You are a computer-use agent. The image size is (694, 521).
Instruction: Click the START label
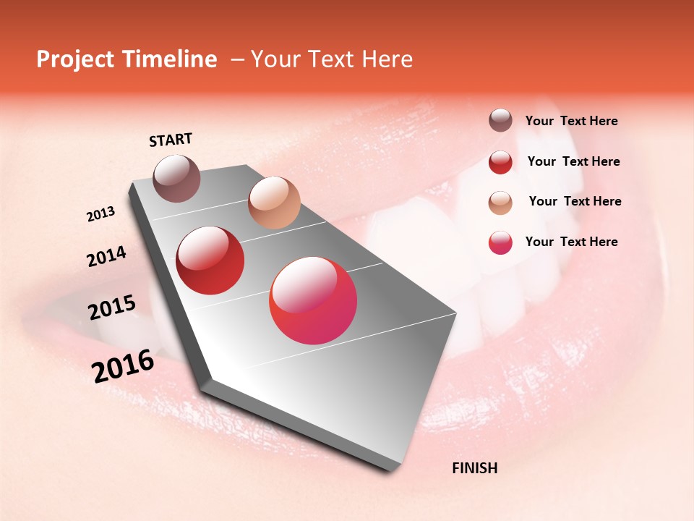pos(171,140)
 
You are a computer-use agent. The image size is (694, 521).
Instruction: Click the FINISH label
pos(474,468)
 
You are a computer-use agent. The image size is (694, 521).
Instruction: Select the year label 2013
pos(101,214)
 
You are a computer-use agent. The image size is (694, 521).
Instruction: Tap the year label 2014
pos(106,256)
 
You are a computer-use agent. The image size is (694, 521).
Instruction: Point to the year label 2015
pos(112,308)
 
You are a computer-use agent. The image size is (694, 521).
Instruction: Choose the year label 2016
pos(123,366)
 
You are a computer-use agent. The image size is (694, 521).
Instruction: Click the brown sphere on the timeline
pos(176,178)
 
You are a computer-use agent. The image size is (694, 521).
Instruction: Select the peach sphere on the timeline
pos(274,203)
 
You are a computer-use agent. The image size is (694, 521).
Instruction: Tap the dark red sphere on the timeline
pos(210,260)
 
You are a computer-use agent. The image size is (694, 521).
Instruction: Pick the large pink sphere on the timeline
pos(313,300)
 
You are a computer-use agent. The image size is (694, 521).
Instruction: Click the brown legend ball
pos(500,121)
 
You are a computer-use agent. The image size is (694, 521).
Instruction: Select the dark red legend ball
pos(500,162)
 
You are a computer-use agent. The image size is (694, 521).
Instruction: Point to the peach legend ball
pos(500,202)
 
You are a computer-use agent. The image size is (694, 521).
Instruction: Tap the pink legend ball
pos(500,242)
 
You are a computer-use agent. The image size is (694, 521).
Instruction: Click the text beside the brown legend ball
pos(571,122)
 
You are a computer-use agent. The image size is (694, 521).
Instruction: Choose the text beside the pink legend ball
pos(571,242)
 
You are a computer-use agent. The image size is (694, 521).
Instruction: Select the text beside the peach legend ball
pos(575,201)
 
